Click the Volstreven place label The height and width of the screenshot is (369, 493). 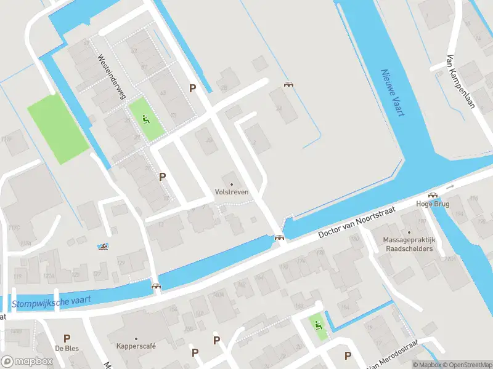tap(232, 192)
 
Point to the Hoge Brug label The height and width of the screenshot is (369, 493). tap(433, 204)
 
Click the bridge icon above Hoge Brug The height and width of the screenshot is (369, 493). tap(433, 194)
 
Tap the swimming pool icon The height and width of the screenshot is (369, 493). tap(104, 247)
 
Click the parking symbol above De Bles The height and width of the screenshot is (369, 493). tap(67, 338)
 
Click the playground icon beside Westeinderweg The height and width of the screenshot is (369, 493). tap(146, 119)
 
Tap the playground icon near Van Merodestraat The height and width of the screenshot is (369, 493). tap(318, 325)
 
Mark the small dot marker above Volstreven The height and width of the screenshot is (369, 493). tap(232, 184)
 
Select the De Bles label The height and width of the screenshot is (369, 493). tap(67, 348)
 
